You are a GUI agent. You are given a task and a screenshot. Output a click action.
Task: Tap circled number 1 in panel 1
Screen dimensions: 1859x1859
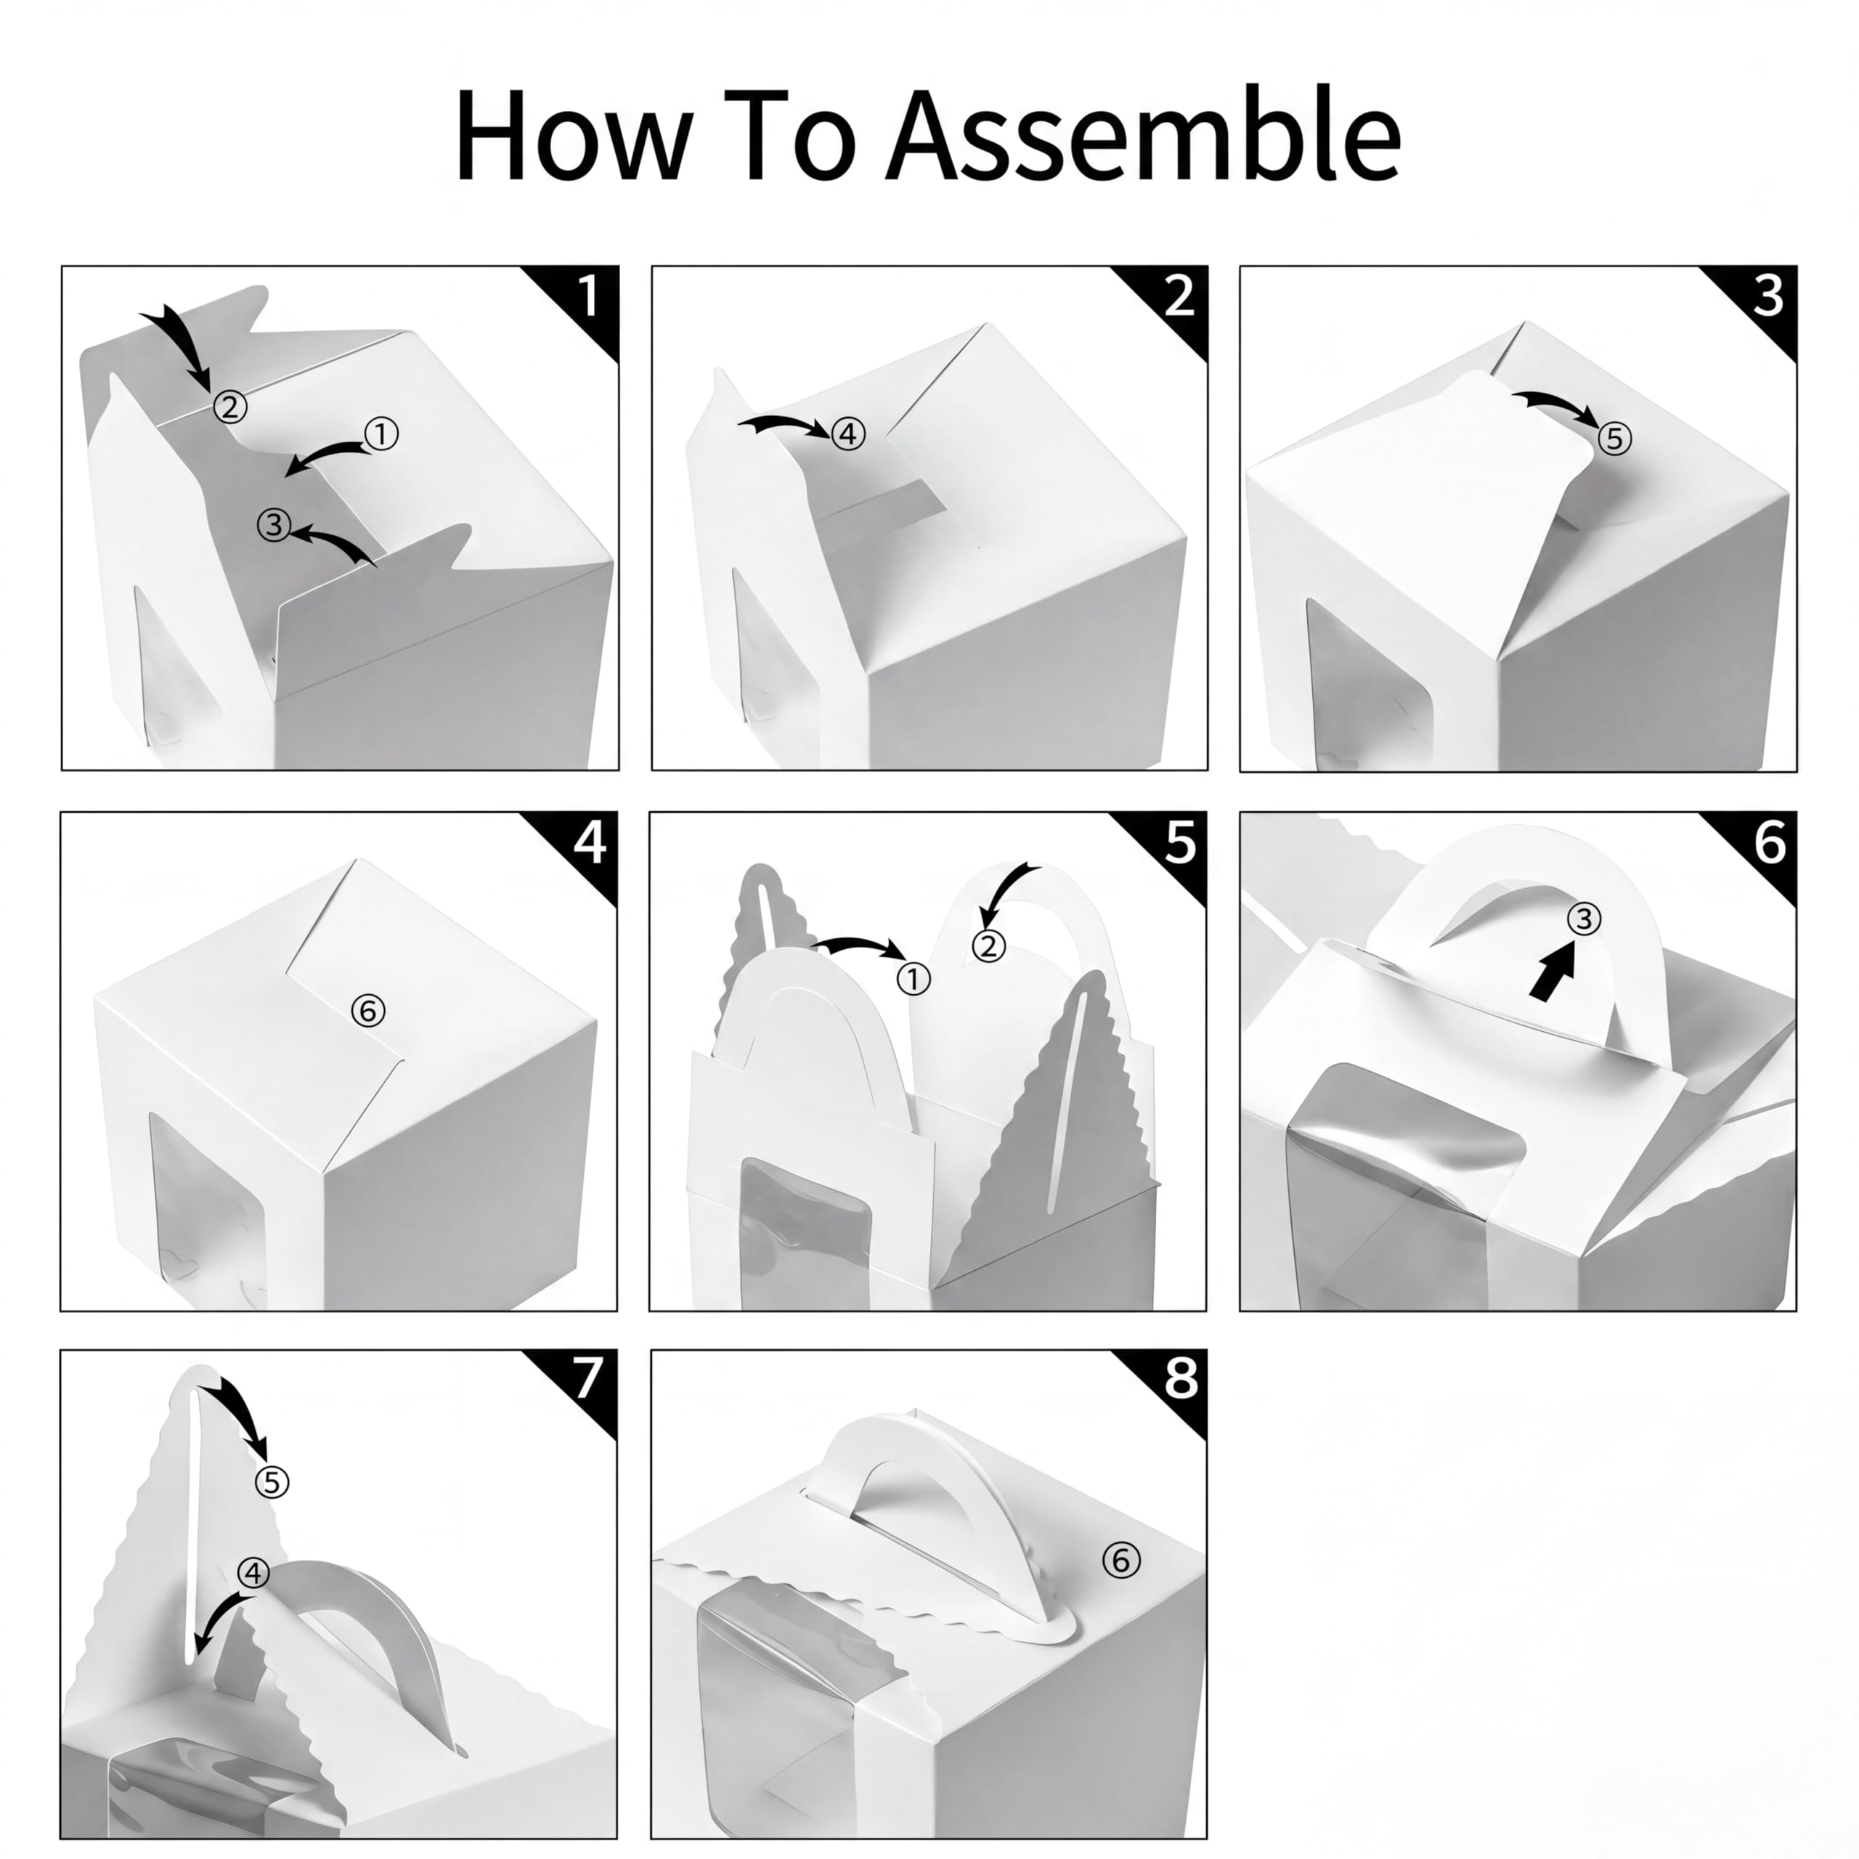382,435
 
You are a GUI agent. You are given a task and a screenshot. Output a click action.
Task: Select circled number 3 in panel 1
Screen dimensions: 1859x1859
274,524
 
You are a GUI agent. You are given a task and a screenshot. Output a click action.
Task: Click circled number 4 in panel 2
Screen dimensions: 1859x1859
847,435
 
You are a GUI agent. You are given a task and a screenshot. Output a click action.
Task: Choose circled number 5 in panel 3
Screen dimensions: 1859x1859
1614,439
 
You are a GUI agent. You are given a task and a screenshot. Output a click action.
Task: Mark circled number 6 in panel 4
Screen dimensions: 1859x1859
367,1010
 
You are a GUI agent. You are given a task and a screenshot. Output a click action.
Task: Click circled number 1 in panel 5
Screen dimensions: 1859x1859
913,980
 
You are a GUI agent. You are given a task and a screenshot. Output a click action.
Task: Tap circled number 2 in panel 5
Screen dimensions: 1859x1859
988,946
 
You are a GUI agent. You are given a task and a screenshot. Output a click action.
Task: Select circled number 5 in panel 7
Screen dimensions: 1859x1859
272,1483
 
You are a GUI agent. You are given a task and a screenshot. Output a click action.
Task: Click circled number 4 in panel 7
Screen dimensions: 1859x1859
253,1573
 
